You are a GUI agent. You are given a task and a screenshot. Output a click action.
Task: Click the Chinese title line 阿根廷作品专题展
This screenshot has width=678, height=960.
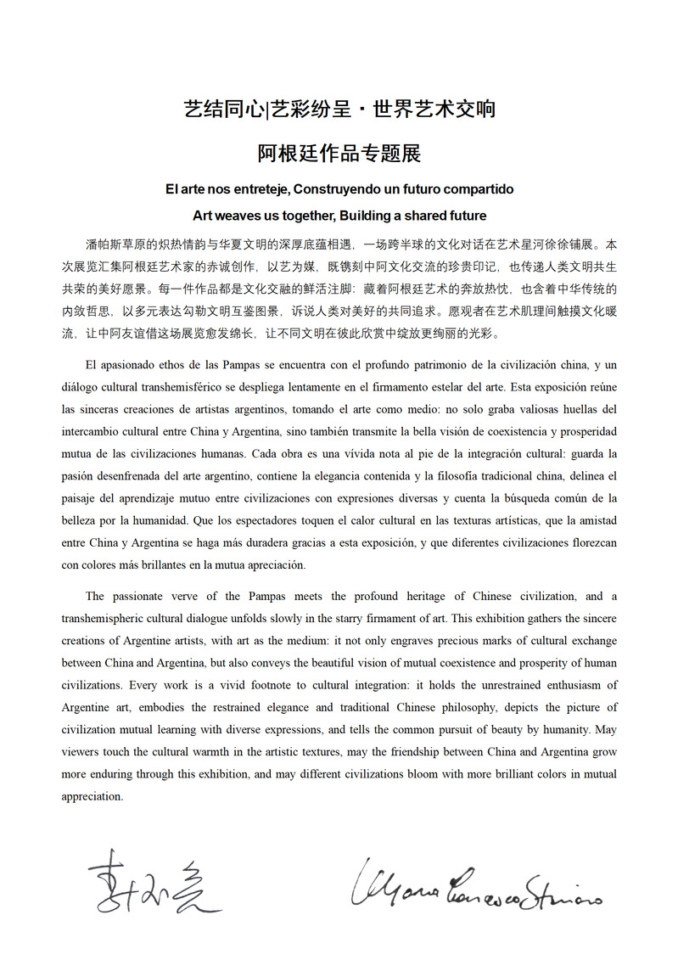point(339,154)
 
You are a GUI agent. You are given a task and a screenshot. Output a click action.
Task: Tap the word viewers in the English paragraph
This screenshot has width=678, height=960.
point(80,750)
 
